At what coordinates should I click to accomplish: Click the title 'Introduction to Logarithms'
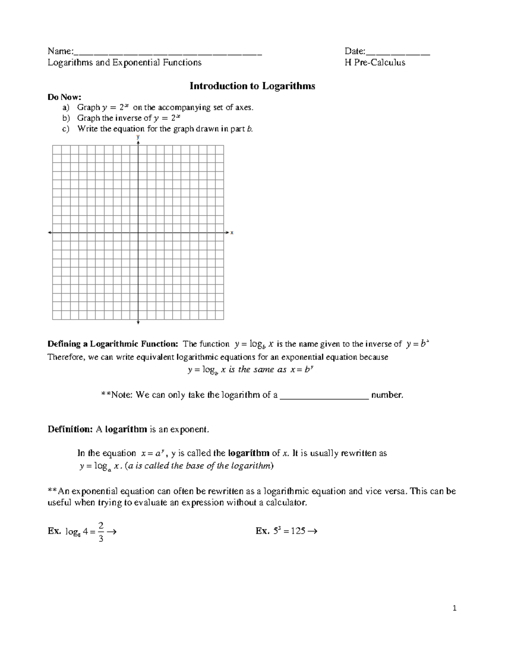click(252, 86)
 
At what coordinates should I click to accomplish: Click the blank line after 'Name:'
click(168, 53)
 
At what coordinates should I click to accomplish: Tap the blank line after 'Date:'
click(398, 53)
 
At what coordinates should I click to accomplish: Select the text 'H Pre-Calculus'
click(375, 63)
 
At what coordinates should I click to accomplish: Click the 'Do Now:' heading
click(64, 97)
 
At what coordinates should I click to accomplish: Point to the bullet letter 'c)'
click(65, 129)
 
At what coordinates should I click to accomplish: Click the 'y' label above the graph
click(138, 137)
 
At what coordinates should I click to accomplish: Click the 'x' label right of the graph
click(232, 232)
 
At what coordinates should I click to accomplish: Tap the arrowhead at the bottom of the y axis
click(138, 323)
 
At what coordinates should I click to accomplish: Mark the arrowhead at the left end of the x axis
click(50, 232)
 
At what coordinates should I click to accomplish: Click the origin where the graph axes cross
click(138, 232)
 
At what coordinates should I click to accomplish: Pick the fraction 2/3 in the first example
click(100, 531)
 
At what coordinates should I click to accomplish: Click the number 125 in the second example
click(298, 531)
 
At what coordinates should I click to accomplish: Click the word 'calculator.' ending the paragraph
click(290, 503)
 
